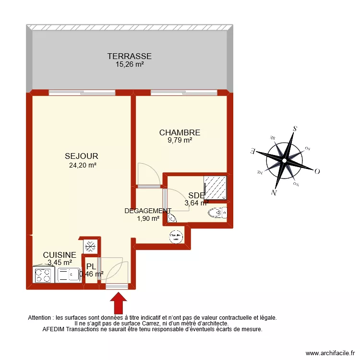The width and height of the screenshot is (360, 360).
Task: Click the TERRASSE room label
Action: pyautogui.click(x=129, y=56)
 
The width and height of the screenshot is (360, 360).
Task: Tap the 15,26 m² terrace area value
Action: pyautogui.click(x=129, y=64)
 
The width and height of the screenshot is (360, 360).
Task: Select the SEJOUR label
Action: pyautogui.click(x=82, y=156)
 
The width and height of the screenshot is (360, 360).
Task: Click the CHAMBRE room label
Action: pyautogui.click(x=180, y=132)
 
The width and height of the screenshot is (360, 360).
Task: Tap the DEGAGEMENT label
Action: pyautogui.click(x=147, y=211)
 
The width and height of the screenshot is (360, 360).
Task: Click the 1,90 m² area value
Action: pyautogui.click(x=148, y=218)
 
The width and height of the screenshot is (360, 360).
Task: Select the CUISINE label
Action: pyautogui.click(x=60, y=255)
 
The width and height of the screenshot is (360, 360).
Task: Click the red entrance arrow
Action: pyautogui.click(x=118, y=303)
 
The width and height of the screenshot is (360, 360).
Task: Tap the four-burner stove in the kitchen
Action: pyautogui.click(x=43, y=275)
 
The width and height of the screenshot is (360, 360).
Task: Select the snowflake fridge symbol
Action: pyautogui.click(x=89, y=246)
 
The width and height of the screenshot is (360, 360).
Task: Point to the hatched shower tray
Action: pyautogui.click(x=215, y=188)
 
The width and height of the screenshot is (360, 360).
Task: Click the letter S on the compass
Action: pyautogui.click(x=296, y=128)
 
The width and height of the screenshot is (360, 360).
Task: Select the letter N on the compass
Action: pyautogui.click(x=275, y=193)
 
